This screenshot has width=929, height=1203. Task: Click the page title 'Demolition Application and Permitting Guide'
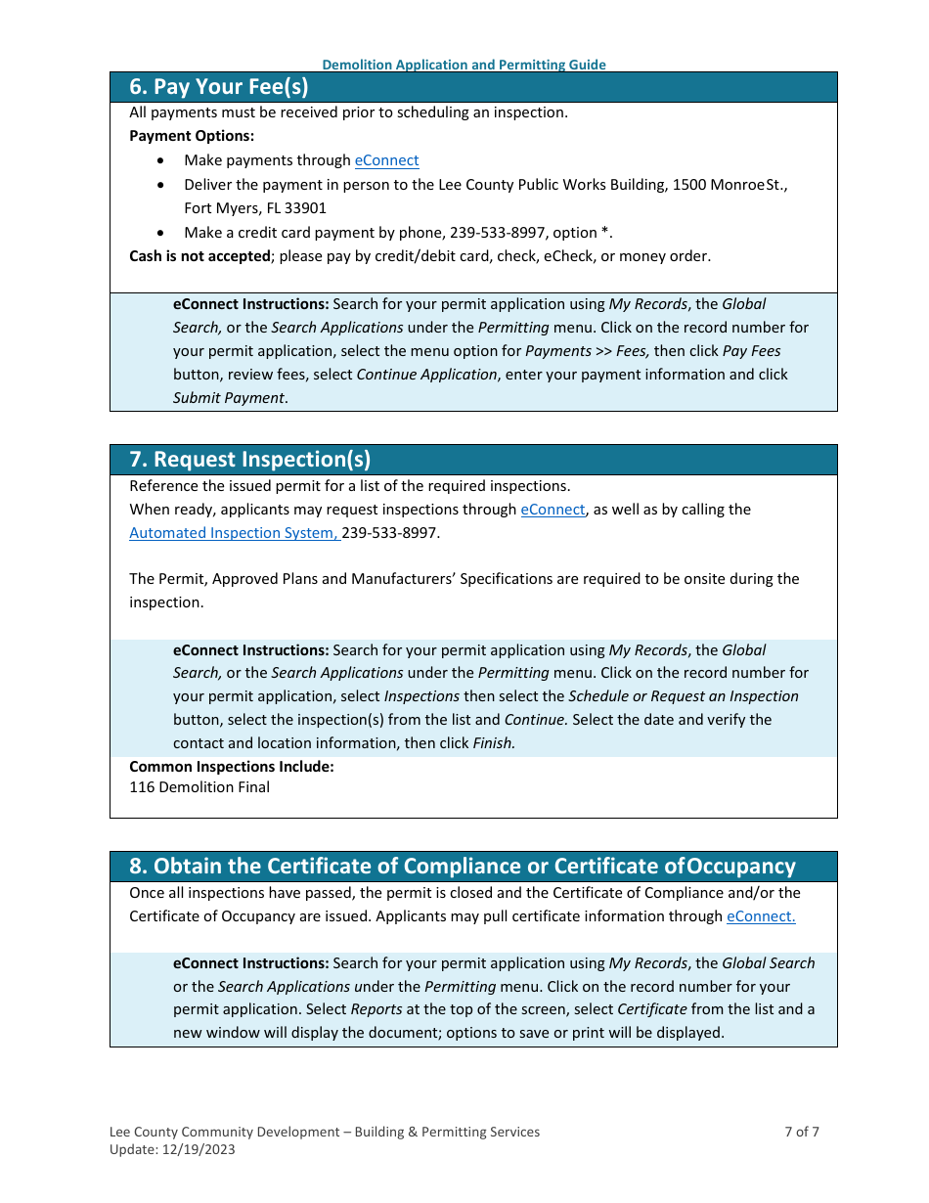click(464, 65)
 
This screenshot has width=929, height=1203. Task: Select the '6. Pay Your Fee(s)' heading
click(219, 87)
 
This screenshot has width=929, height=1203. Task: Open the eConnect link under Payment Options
click(386, 160)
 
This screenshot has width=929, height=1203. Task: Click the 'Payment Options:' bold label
click(192, 136)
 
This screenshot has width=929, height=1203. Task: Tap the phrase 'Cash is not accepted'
click(199, 256)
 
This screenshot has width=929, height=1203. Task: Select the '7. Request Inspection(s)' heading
click(250, 460)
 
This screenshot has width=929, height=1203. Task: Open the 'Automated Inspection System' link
click(234, 533)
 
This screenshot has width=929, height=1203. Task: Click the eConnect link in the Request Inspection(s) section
click(553, 510)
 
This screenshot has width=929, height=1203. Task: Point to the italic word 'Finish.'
click(494, 743)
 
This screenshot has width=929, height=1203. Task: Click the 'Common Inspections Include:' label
click(232, 767)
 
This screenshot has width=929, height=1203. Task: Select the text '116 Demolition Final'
click(199, 787)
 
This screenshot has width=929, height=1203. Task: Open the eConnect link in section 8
click(761, 916)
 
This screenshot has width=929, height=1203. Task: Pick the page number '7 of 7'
click(802, 1133)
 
